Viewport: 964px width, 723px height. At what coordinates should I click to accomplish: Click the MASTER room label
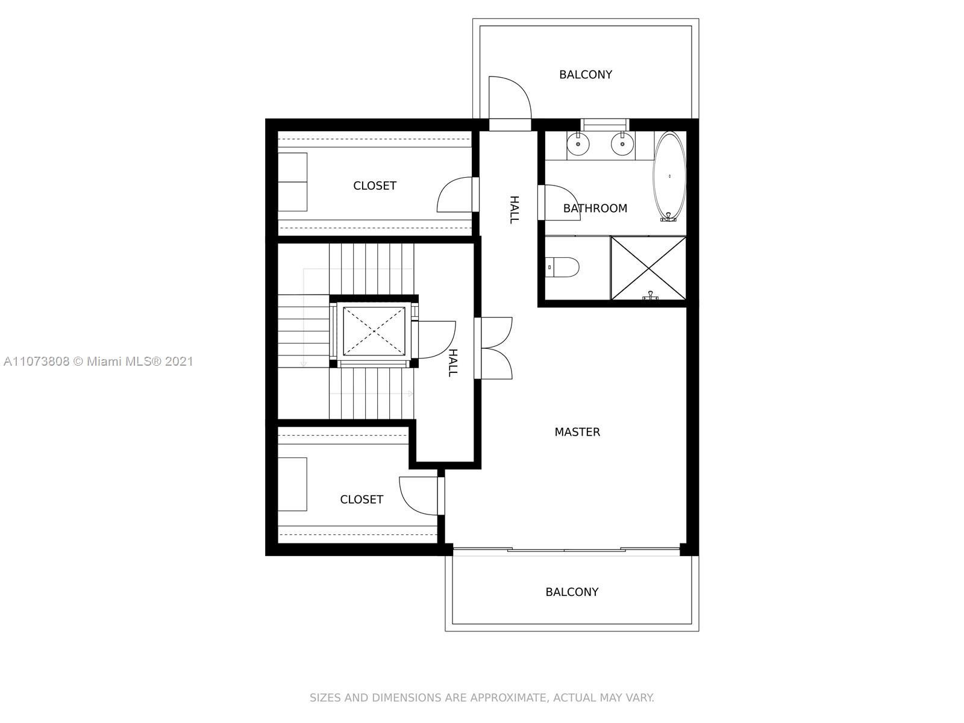(577, 432)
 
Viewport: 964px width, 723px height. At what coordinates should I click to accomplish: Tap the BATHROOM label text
(595, 208)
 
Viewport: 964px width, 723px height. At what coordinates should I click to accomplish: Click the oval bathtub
(669, 176)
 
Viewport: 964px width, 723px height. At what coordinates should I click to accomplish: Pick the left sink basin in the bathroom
(578, 143)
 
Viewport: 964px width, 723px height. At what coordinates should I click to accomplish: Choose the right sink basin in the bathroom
(622, 143)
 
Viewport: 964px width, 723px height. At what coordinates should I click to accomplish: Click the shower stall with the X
(648, 268)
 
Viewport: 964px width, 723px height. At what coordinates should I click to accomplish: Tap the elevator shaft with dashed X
(374, 331)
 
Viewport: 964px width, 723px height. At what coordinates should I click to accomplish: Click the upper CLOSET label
(375, 186)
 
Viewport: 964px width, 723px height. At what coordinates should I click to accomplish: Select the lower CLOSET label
(361, 499)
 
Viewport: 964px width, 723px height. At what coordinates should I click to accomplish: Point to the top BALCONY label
(586, 75)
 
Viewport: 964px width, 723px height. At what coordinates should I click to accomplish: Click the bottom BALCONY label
(572, 592)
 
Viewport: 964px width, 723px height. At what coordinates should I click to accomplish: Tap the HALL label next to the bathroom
(514, 210)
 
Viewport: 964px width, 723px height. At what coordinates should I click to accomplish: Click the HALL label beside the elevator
(453, 363)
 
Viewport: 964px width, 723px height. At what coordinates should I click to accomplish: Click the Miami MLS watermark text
(98, 361)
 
